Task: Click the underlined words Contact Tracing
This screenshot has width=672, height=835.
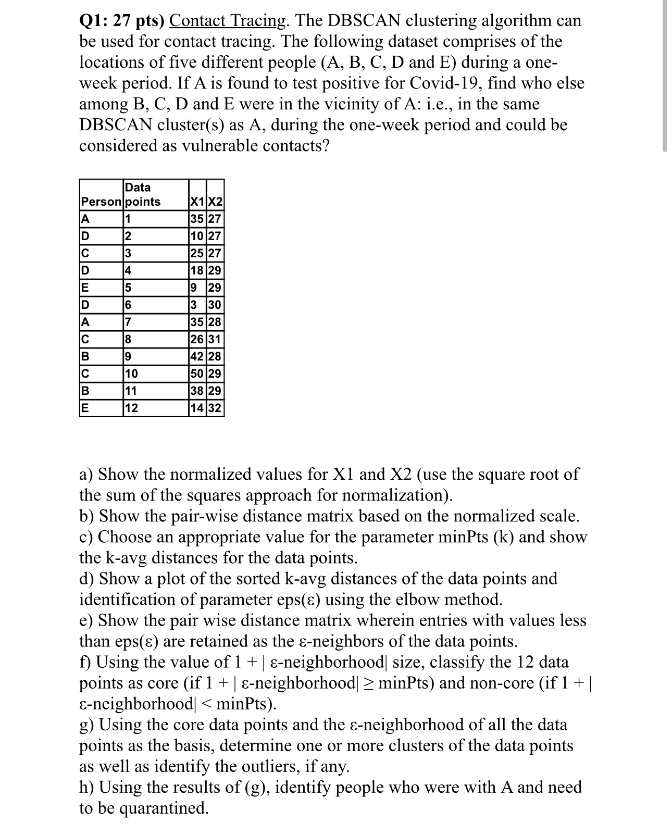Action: pyautogui.click(x=228, y=21)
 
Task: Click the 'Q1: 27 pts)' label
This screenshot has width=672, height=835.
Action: pyautogui.click(x=121, y=21)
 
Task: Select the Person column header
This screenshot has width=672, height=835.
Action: pyautogui.click(x=101, y=202)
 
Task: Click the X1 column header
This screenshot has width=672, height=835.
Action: pyautogui.click(x=197, y=202)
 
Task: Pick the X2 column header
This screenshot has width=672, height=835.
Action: pyautogui.click(x=215, y=202)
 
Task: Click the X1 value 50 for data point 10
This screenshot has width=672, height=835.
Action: pyautogui.click(x=197, y=373)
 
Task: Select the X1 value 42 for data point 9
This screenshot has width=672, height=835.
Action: pyautogui.click(x=197, y=356)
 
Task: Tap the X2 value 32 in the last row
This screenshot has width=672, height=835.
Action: pyautogui.click(x=215, y=408)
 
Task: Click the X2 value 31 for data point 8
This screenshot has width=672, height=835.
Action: pyautogui.click(x=215, y=340)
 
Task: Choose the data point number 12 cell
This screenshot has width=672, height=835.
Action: pyautogui.click(x=132, y=408)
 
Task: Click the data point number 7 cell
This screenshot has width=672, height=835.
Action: pyautogui.click(x=129, y=322)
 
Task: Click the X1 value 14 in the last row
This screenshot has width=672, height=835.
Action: pyautogui.click(x=197, y=408)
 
